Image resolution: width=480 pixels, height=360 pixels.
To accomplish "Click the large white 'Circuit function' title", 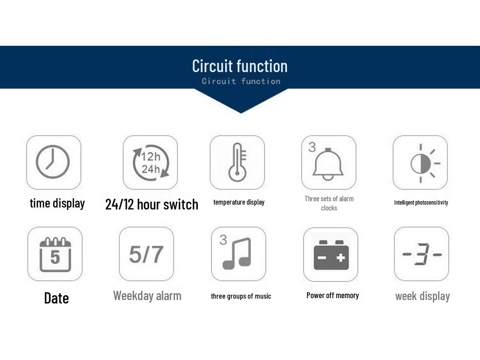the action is click(x=240, y=66).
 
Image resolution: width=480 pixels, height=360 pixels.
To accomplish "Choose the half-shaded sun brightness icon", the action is click(x=425, y=164).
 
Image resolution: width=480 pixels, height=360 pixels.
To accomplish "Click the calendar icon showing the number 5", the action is click(x=55, y=255).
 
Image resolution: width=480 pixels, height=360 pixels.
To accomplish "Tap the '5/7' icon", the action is click(x=146, y=254).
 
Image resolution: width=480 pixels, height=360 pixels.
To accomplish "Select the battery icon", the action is click(x=331, y=255).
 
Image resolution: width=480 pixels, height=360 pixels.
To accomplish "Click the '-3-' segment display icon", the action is click(x=422, y=254).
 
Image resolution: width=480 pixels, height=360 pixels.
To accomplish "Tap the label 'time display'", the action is click(x=57, y=203).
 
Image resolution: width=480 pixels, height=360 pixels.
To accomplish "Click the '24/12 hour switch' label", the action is click(x=152, y=205).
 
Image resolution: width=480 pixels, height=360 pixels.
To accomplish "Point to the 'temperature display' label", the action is click(x=239, y=202).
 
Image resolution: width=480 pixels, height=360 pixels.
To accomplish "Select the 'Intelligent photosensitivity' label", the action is click(x=421, y=202).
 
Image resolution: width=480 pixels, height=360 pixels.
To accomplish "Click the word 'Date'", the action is click(x=57, y=298).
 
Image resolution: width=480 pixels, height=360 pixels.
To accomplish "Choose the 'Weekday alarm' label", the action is click(x=147, y=296).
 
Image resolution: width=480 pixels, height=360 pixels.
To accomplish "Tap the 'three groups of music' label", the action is click(x=241, y=296).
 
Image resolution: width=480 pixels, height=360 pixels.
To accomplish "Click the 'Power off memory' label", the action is click(x=332, y=295).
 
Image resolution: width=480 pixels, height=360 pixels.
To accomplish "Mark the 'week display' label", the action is click(x=422, y=296).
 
